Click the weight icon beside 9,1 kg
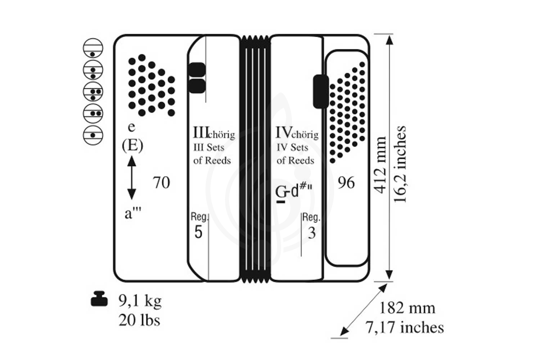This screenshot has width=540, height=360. coord(99,299)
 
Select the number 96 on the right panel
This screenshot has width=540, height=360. coord(346,183)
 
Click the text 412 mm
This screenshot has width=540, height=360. coord(380,165)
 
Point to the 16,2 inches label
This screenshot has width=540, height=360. coord(400,164)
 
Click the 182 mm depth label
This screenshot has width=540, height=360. coord(407,308)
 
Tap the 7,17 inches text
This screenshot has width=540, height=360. coord(405,328)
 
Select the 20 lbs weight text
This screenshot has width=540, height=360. coord(139,320)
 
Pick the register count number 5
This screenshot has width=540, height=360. coord(198,232)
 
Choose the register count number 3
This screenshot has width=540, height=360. coord(312,233)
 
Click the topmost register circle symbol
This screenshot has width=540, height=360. coord(93,48)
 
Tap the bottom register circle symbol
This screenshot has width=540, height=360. coord(93,135)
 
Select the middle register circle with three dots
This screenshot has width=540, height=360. coord(93,92)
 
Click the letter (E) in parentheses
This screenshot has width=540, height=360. coord(132,145)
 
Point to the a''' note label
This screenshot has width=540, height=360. coord(133,213)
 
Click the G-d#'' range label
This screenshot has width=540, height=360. coord(294,192)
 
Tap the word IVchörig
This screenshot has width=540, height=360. coord(297,133)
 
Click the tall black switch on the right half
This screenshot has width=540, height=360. coord(321,92)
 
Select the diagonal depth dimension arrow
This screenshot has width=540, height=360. coord(364,310)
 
